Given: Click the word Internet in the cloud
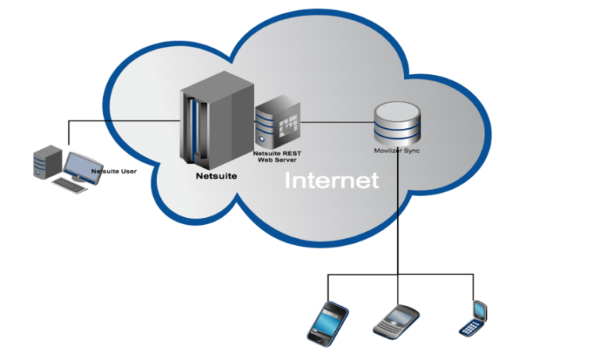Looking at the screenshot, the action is coord(332,180).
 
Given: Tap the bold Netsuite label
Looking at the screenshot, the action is coord(216,176).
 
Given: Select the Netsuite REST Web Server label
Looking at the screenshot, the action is coord(277,156).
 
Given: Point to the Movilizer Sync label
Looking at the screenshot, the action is coord(397,151).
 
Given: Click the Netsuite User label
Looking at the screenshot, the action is coord(114,171).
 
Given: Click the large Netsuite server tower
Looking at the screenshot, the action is coord(217,120).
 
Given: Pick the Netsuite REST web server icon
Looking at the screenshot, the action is coord(278,122).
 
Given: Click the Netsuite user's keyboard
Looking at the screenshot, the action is coord(70,185).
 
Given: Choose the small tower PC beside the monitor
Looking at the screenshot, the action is coord(48,162).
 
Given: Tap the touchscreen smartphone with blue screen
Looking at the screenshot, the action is coord(328,323).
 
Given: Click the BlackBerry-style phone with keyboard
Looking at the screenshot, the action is coord(396,322).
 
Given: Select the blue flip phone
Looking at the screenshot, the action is coord(473,319).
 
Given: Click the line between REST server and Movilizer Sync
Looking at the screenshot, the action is coord(337,123).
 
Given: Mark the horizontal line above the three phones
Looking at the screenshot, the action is coord(401,274).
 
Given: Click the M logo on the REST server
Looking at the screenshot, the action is coord(288,125).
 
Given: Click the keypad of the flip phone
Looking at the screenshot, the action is coord(470,328).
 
